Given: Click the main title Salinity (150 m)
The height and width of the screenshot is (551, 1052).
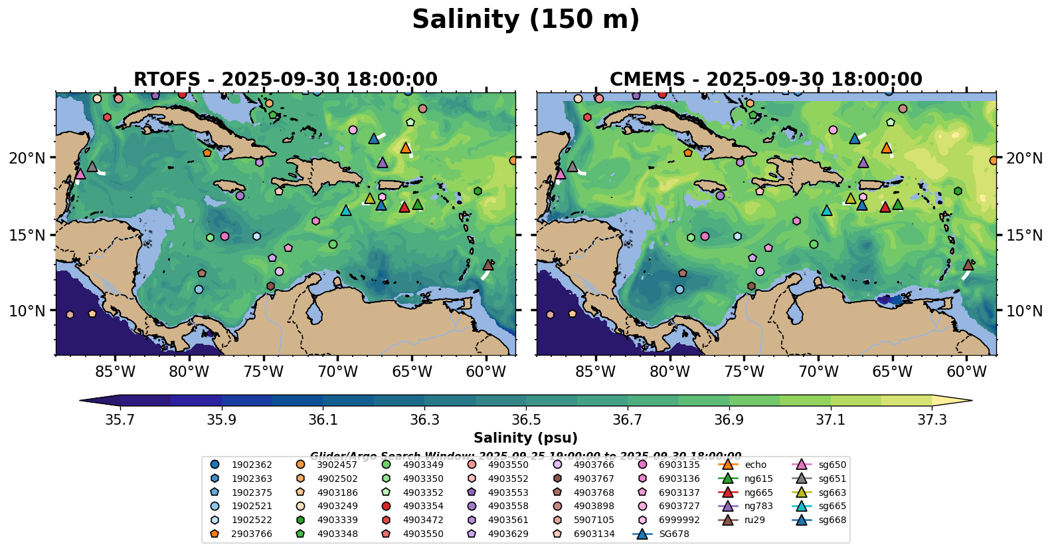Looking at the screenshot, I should tap(525, 20).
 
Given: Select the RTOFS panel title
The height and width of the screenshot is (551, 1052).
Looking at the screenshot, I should tap(286, 80).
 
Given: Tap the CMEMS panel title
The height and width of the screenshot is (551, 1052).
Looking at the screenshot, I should tap(766, 80).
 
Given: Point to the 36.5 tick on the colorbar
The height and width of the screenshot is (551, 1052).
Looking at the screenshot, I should tap(526, 420).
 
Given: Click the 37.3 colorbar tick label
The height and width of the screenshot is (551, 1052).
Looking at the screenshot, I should tap(932, 420).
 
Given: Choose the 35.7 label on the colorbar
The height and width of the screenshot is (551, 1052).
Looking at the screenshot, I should tap(120, 420).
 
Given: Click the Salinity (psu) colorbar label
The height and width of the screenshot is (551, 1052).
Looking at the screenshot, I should tap(525, 438).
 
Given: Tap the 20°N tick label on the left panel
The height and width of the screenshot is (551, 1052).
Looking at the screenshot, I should tap(27, 158).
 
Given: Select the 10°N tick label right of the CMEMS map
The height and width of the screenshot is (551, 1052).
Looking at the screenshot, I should tap(1024, 311).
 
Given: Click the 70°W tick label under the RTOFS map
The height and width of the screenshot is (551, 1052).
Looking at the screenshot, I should tap(337, 372).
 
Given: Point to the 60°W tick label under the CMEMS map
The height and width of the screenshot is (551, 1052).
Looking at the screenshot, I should tap(966, 372).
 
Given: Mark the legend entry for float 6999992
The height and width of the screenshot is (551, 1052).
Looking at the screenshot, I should tap(669, 520).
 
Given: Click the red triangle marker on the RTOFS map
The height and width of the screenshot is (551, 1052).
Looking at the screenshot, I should tap(404, 207).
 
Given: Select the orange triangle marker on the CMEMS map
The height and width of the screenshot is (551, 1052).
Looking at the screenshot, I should tap(886, 148).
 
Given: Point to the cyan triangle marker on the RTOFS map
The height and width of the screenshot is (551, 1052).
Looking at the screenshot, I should tap(345, 211).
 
